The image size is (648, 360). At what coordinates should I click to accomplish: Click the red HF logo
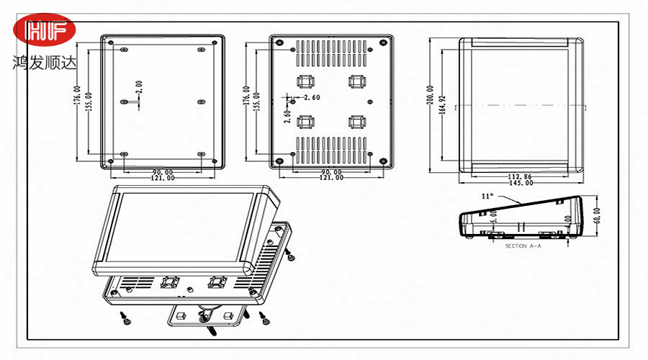coord(45,31)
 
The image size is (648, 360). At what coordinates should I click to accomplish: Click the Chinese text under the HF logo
coord(44,62)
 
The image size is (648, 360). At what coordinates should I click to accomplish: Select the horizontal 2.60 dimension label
coord(312,97)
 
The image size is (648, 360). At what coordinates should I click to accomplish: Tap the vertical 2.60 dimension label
coord(287,114)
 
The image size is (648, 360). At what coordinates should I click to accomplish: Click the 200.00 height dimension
coord(431,104)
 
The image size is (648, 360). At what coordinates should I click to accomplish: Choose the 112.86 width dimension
coord(521,176)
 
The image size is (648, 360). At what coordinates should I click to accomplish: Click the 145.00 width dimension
coord(521,183)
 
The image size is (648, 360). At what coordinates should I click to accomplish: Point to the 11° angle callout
coord(487,195)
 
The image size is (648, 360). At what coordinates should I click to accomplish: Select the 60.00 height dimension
coord(595,217)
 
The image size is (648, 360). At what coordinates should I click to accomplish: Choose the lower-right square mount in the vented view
coord(356,121)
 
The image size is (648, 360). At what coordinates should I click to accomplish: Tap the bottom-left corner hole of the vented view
coord(278,161)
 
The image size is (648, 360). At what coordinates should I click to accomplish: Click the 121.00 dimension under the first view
coord(161,178)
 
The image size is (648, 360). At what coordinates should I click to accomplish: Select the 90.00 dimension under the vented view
coord(331,172)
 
